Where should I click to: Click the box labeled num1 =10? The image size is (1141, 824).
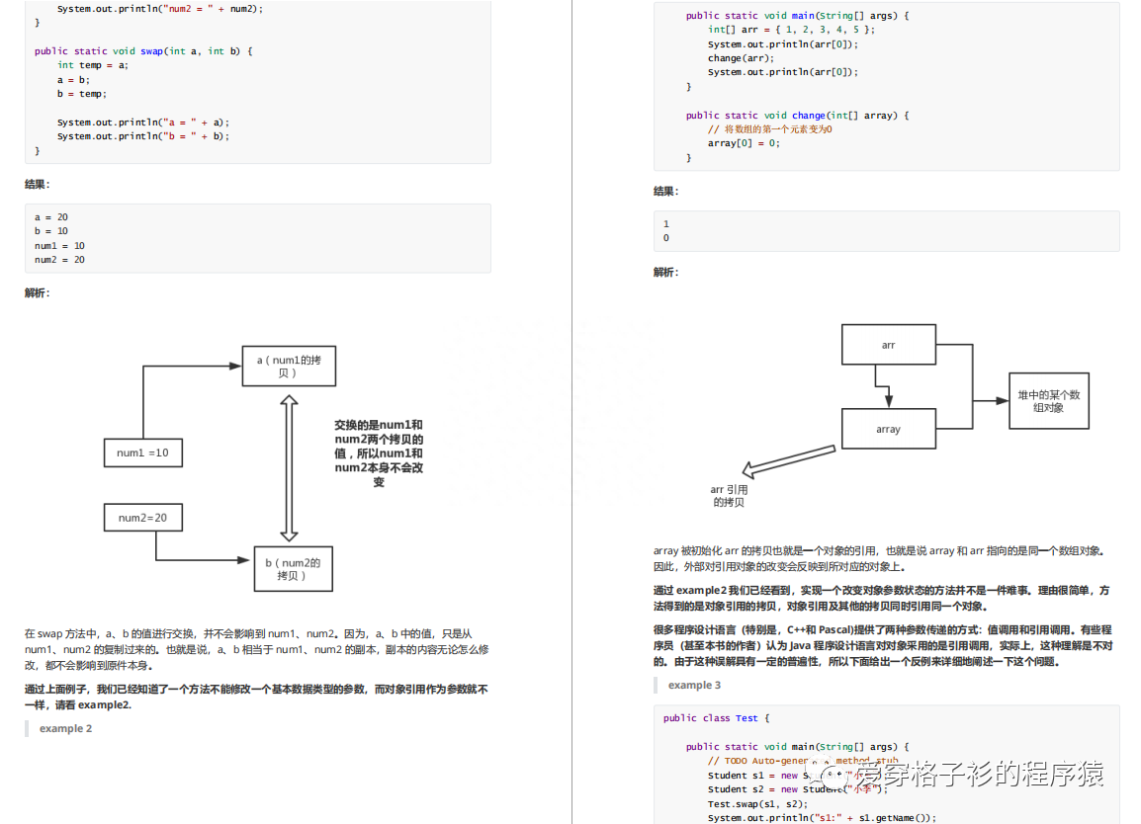142,453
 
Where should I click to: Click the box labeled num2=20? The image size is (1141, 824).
142,517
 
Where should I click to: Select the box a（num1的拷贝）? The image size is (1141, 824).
289,367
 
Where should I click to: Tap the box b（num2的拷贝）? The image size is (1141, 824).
293,568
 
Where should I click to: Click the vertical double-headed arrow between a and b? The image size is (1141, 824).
289,468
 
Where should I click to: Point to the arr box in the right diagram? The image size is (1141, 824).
888,345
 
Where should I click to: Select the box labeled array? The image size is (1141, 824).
888,429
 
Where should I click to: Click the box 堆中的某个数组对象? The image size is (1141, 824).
1048,400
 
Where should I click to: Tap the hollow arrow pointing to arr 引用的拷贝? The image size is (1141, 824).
791,460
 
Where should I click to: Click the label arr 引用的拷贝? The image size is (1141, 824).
729,496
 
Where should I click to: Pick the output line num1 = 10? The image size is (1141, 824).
59,245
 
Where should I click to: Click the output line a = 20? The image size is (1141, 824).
50,216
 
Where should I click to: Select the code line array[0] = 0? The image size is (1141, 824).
744,143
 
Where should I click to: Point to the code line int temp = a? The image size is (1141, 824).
93,65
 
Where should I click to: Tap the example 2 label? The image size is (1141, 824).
66,728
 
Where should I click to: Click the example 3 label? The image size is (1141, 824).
694,685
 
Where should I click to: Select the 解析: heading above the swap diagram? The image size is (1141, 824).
38,292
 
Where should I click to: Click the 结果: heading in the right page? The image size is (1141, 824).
666,191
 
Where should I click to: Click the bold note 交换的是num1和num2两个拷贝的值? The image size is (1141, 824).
379,453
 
